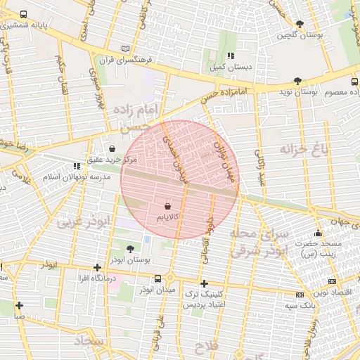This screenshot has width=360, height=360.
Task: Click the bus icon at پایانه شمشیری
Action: click(24, 15)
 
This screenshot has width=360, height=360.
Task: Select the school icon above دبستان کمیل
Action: click(229, 56)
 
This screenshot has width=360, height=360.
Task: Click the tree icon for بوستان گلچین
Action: click(300, 24)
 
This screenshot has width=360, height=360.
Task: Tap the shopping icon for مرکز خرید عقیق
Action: click(113, 148)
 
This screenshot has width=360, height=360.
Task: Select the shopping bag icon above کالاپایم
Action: click(167, 206)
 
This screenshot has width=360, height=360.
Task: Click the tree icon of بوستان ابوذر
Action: click(130, 249)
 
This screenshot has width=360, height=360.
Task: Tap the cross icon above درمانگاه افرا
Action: click(97, 267)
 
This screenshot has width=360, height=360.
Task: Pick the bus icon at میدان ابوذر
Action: click(157, 278)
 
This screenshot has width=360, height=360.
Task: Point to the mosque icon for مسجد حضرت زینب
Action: click(319, 233)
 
